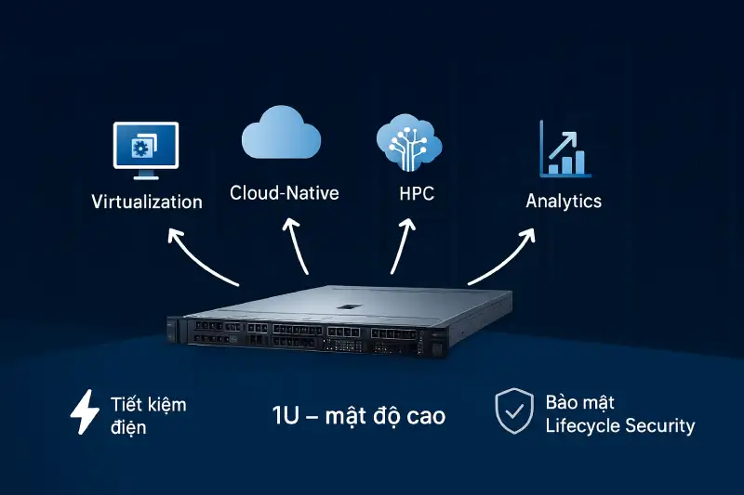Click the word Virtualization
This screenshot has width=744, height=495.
click(x=147, y=202)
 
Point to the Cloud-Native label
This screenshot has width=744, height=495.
click(x=284, y=193)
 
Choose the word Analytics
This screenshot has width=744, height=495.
click(x=564, y=201)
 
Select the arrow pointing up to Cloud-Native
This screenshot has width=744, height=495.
click(x=299, y=246)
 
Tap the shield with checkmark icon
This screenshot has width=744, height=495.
click(x=513, y=412)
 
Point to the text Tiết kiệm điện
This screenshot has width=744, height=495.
click(x=147, y=415)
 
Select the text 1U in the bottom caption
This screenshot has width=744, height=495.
click(x=285, y=415)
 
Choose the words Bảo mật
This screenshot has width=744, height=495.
click(x=579, y=403)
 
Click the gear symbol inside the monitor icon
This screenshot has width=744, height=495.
click(x=140, y=149)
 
